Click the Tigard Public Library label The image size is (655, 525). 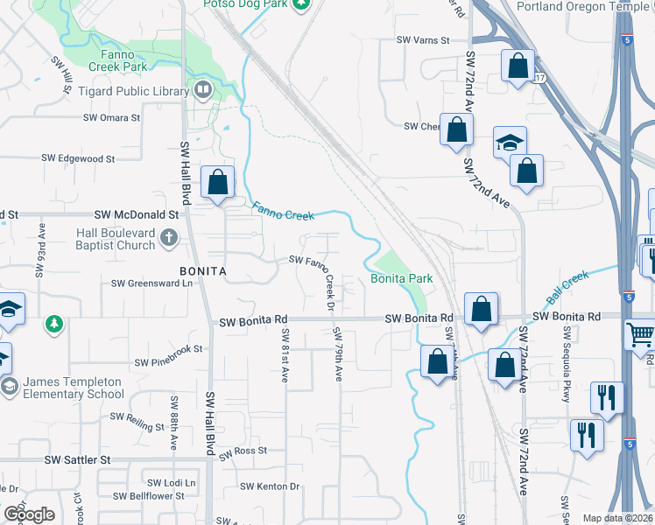click(x=141, y=92)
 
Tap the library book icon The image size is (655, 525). click(x=203, y=90)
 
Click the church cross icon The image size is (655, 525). click(x=167, y=237)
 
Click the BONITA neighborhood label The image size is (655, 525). click(x=203, y=271)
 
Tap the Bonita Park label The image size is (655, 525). click(x=402, y=278)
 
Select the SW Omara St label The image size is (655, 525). click(x=117, y=118)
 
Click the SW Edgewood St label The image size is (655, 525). click(x=79, y=158)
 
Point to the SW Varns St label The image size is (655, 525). click(x=422, y=40)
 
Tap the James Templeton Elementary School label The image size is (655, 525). click(x=74, y=388)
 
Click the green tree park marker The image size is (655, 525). click(x=54, y=325)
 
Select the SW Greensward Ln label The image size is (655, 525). click(x=151, y=283)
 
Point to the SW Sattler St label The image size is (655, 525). click(x=79, y=458)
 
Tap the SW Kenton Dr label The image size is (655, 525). click(x=270, y=486)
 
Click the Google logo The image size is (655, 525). click(x=29, y=514)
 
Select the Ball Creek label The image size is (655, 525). click(x=569, y=287)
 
